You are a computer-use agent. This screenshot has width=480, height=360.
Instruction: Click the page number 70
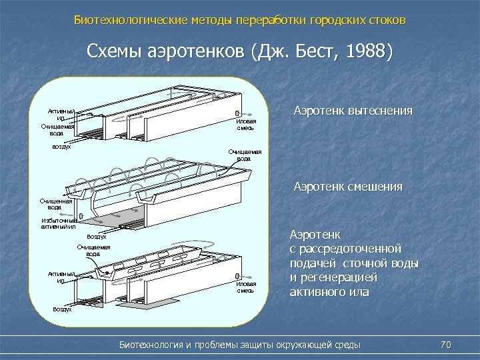click(446, 344)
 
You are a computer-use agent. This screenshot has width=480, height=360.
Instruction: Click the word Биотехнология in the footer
click(156, 345)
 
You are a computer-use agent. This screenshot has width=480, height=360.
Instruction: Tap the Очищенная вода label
click(55, 203)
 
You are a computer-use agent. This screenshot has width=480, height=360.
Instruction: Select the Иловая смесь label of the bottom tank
click(246, 287)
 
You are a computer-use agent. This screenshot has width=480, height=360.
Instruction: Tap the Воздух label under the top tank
click(61, 147)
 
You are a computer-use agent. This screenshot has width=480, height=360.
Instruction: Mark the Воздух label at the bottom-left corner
click(63, 309)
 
